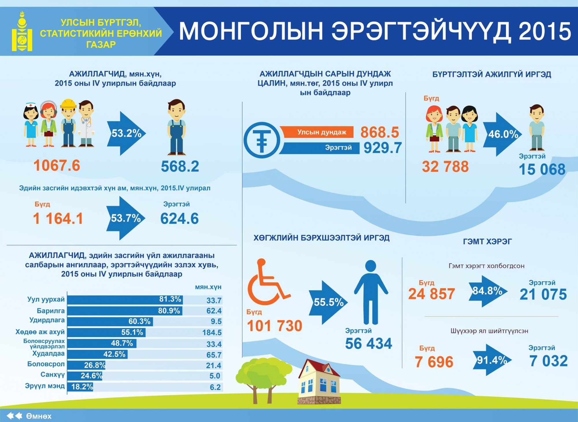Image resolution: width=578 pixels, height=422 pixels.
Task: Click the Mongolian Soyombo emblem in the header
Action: pyautogui.click(x=22, y=32)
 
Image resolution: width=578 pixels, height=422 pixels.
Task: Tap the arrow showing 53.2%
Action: pyautogui.click(x=126, y=133)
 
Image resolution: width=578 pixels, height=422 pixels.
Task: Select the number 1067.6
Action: pyautogui.click(x=57, y=166)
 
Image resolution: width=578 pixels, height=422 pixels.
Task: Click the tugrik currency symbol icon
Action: pyautogui.click(x=262, y=140)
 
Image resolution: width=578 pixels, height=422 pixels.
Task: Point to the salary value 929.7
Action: pyautogui.click(x=382, y=148)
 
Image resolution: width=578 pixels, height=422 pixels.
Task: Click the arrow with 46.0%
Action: pyautogui.click(x=502, y=135)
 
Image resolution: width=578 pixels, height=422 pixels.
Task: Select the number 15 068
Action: pyautogui.click(x=542, y=169)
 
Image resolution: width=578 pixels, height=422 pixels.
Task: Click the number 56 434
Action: pyautogui.click(x=368, y=344)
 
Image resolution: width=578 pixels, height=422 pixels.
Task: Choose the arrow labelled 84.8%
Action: pyautogui.click(x=487, y=291)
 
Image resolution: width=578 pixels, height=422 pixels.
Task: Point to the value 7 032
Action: pyautogui.click(x=548, y=361)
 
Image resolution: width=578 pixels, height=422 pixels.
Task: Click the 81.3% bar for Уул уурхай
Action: pyautogui.click(x=125, y=300)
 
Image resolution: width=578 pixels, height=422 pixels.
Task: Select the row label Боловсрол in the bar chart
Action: pyautogui.click(x=46, y=364)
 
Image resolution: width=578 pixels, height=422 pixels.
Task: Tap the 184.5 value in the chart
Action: pyautogui.click(x=212, y=333)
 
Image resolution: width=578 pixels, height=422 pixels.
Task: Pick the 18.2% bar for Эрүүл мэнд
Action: pyautogui.click(x=80, y=387)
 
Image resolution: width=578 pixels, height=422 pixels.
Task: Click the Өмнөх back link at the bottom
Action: pyautogui.click(x=38, y=416)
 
